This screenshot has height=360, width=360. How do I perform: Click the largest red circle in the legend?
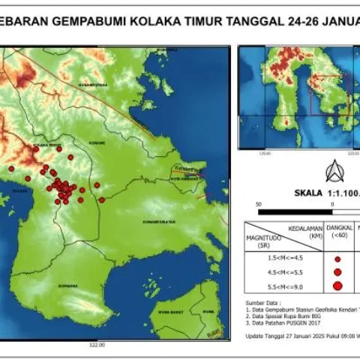pos(337,286)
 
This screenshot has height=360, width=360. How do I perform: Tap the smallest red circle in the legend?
pos(337,259)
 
